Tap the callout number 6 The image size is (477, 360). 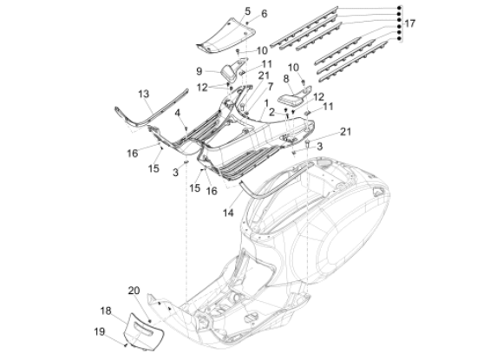click(x=240, y=14)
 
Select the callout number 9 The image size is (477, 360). click(x=198, y=71)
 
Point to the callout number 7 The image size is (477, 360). click(x=270, y=87)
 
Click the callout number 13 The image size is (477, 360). click(x=143, y=93)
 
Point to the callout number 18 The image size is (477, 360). click(x=104, y=310)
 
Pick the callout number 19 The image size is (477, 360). click(x=98, y=331)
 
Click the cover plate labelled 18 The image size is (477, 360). click(x=138, y=331)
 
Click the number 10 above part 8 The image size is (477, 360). click(x=293, y=67)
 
